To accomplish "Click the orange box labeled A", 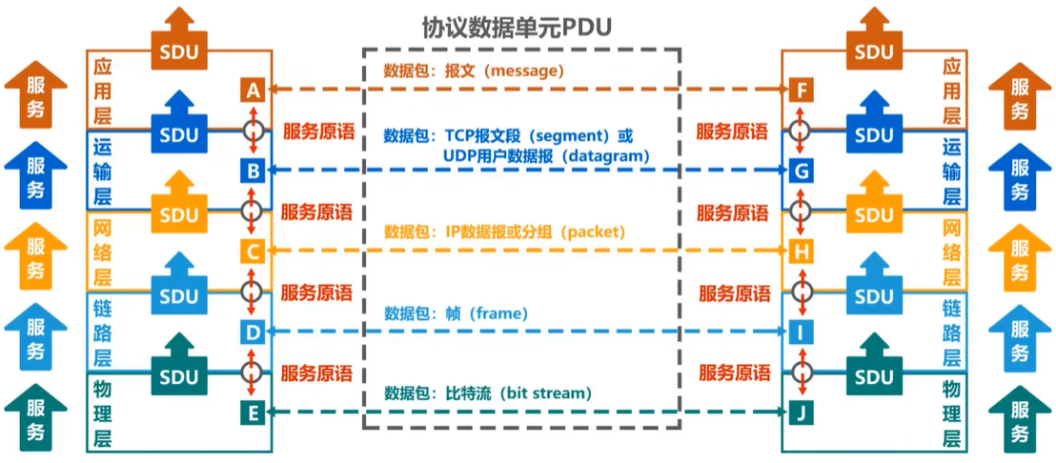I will (x=253, y=91).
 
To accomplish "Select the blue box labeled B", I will (x=253, y=171).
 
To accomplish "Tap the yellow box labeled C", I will (x=253, y=252).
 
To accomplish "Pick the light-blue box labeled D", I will (x=253, y=332).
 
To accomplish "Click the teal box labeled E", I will (x=253, y=413).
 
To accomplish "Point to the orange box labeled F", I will (x=802, y=91).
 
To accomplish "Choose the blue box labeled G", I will (x=802, y=171).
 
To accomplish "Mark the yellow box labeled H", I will (x=802, y=252).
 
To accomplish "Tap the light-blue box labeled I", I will (x=802, y=332).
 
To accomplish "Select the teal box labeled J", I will (x=802, y=413).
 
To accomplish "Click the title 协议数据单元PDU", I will (x=516, y=27).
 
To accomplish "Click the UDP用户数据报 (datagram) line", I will (x=546, y=154).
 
